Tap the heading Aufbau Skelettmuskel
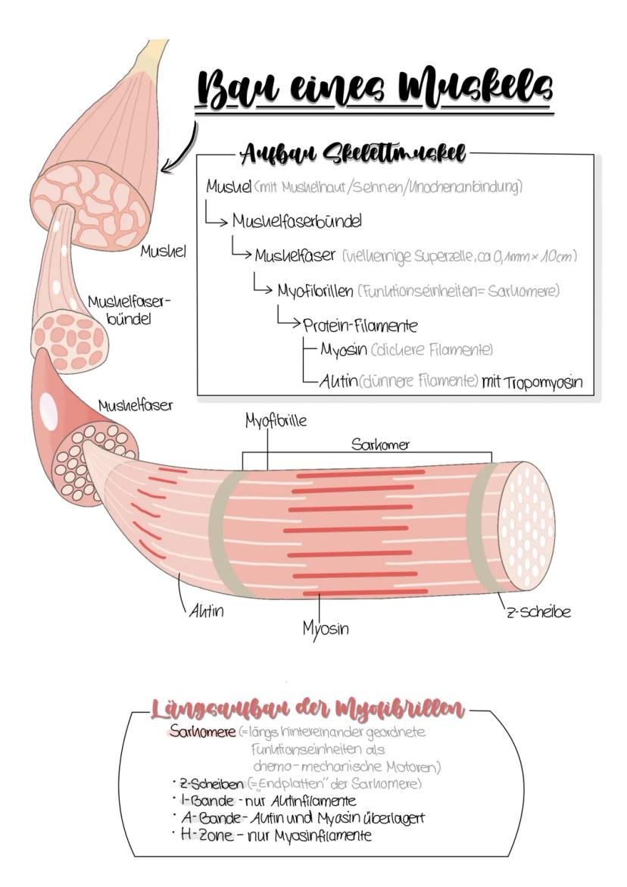[x=353, y=154]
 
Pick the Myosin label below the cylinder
[x=326, y=628]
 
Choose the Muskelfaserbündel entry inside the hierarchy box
[x=296, y=222]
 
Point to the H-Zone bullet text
[x=276, y=835]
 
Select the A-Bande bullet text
[x=303, y=817]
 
